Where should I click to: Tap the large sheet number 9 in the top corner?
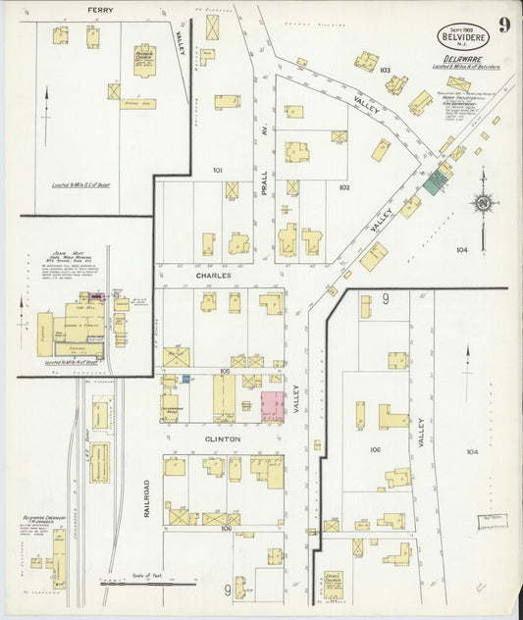point(502,24)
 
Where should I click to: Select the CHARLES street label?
point(213,276)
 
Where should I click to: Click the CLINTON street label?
point(222,439)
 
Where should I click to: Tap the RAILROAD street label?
point(148,497)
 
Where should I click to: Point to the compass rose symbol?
point(482,203)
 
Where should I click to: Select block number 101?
point(218,170)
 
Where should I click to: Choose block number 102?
point(344,186)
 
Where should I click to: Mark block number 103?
point(385,71)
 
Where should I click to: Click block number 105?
point(225,371)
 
